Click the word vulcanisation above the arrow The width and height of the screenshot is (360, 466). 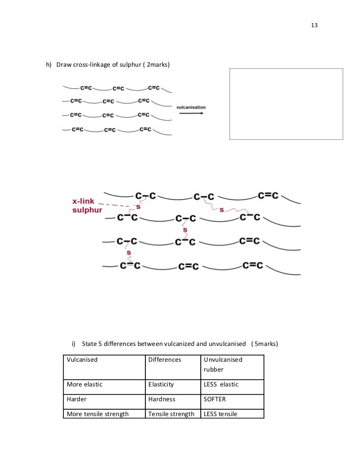coord(191,107)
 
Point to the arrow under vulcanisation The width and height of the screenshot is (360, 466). coord(191,114)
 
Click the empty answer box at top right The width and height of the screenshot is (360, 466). coord(286,104)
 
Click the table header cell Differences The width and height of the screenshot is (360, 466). coord(165,360)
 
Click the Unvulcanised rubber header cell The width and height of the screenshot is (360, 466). coord(223,364)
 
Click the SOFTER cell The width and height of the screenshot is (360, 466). coord(215,398)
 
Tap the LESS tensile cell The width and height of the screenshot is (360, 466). coord(221,414)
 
